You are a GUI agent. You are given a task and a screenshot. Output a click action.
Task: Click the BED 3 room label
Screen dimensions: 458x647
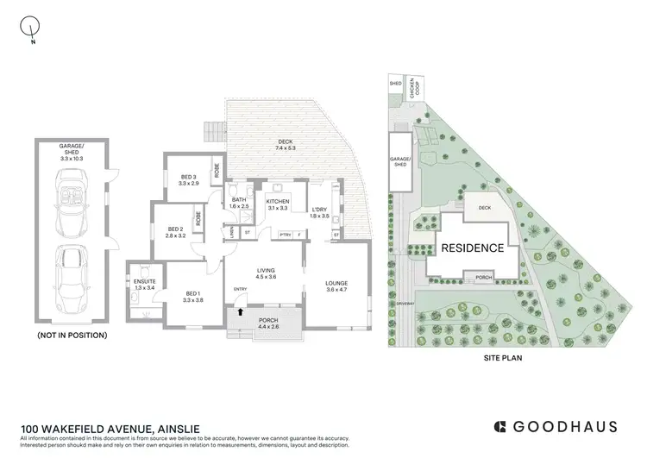coord(188,179)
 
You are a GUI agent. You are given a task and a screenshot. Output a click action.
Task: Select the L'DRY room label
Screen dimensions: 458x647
coord(320,211)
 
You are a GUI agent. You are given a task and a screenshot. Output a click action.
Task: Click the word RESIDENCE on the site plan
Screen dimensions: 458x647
coord(473,248)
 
